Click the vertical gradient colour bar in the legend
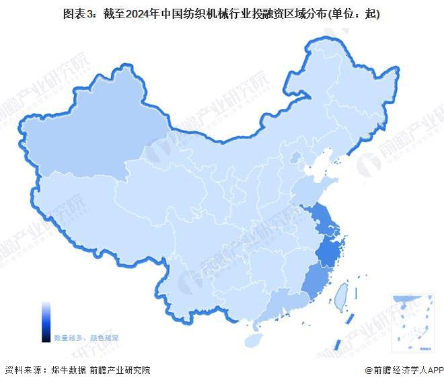pyautogui.click(x=45, y=322)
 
